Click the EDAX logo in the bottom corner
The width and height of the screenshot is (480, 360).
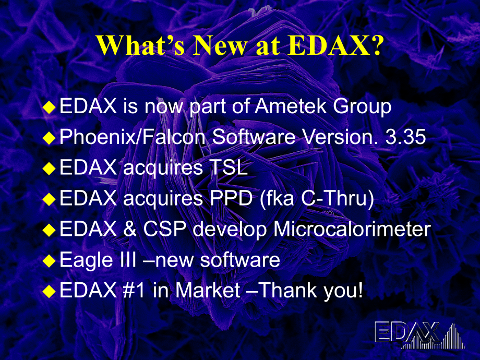(419, 335)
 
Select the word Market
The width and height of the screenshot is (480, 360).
(208, 290)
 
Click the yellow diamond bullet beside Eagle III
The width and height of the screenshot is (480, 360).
(49, 260)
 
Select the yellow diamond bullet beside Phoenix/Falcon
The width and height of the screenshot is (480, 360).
(49, 138)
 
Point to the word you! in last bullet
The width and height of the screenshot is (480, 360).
(343, 290)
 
